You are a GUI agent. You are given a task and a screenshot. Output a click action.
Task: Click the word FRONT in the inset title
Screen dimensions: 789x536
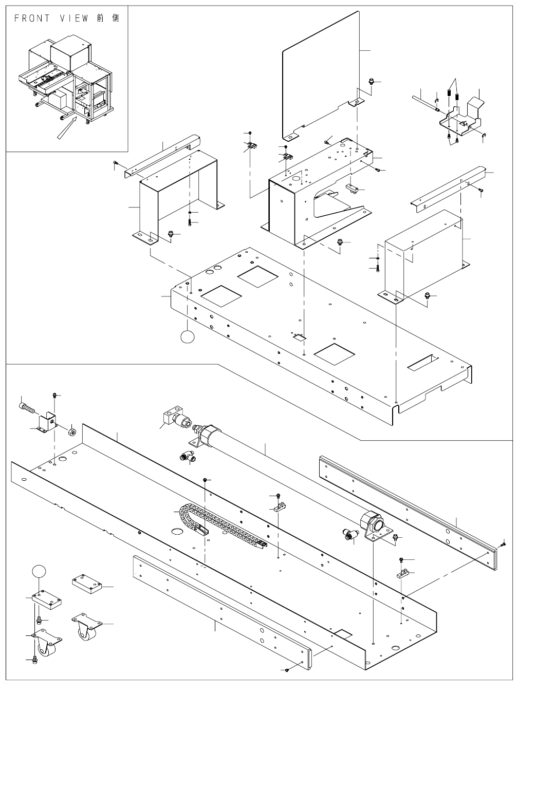click(x=32, y=18)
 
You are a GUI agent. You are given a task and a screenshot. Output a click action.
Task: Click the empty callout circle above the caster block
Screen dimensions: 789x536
click(x=40, y=571)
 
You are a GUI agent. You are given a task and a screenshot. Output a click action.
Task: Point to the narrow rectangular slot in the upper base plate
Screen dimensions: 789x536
click(x=424, y=363)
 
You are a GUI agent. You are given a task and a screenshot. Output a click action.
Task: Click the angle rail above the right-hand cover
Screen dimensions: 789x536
click(x=447, y=186)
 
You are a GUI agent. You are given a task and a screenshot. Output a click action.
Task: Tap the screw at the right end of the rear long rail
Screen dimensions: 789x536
click(x=504, y=543)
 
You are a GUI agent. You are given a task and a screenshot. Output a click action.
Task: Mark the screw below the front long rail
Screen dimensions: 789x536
click(x=288, y=670)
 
